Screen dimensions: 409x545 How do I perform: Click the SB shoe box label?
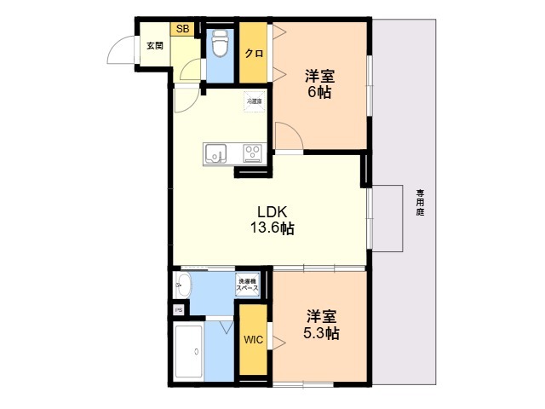[181, 28]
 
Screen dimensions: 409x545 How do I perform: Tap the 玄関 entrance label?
[154, 45]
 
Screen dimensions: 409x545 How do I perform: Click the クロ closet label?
[254, 53]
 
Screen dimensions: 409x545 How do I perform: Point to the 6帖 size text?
[320, 92]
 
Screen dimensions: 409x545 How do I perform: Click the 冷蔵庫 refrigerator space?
[255, 101]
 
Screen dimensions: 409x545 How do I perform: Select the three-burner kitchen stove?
[253, 153]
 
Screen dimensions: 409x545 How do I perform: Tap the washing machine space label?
[247, 285]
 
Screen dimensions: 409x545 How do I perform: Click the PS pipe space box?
[178, 310]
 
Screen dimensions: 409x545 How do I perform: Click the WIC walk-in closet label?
[253, 340]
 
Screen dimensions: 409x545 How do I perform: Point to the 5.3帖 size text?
[322, 333]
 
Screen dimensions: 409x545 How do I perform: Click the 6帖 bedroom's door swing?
[288, 136]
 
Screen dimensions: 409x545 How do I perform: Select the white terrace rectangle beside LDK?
[387, 217]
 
